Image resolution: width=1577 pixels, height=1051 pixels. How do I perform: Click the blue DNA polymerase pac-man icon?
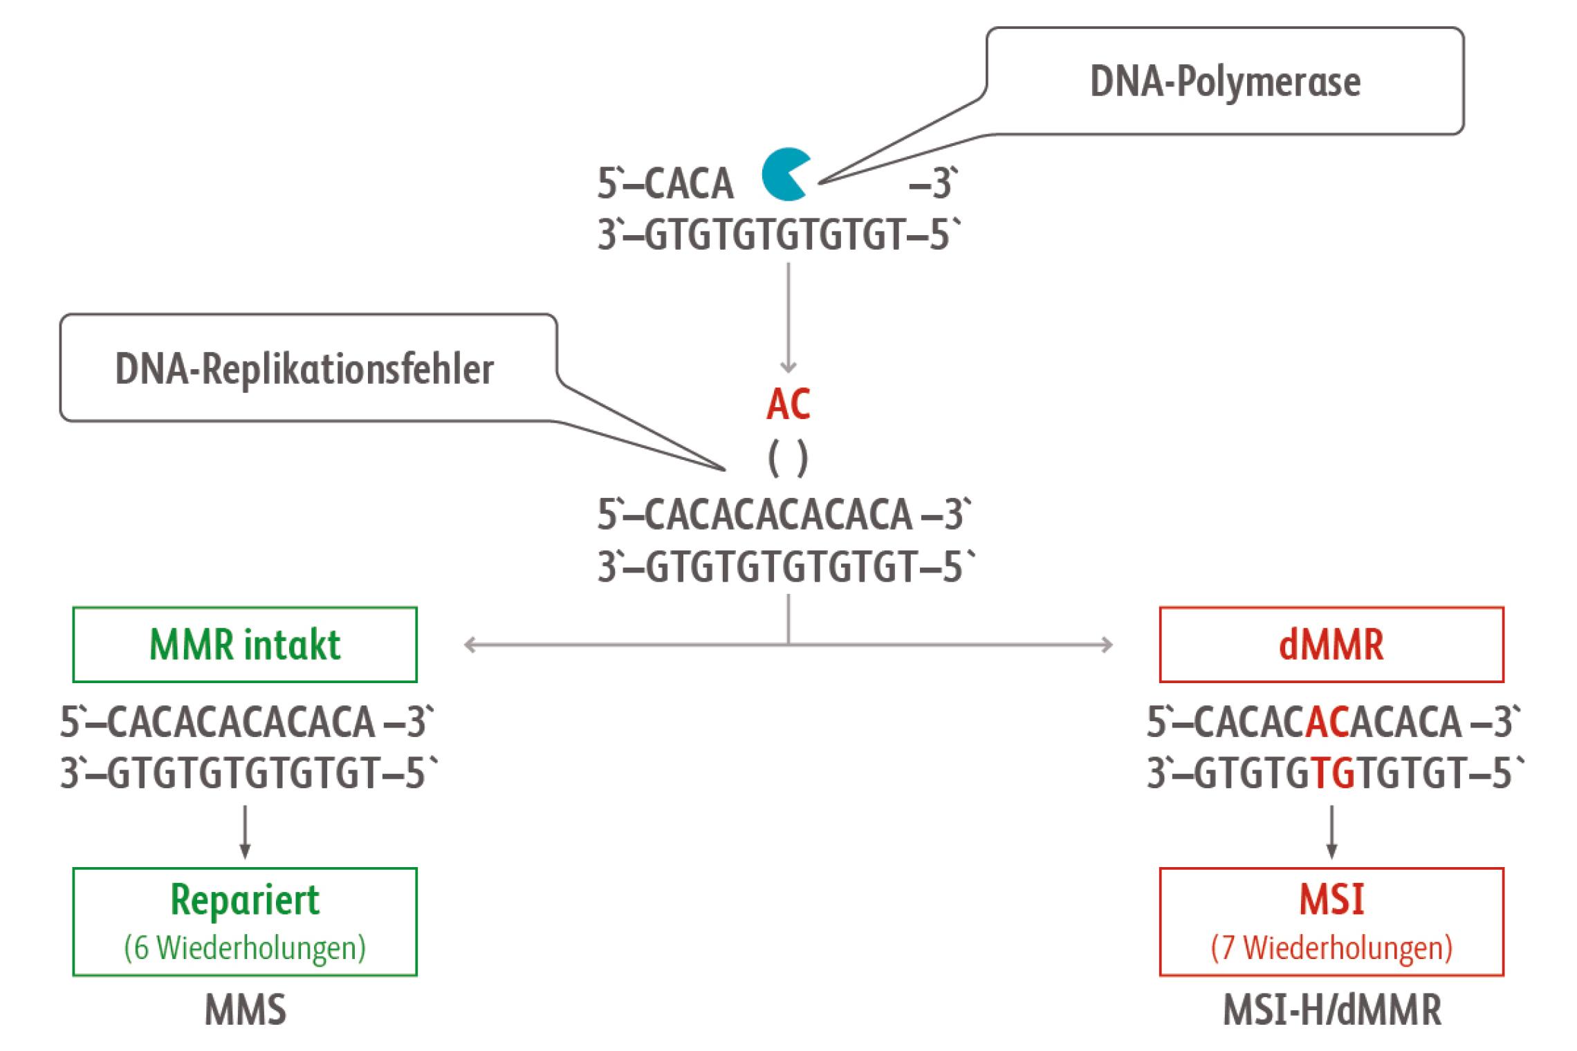pyautogui.click(x=786, y=175)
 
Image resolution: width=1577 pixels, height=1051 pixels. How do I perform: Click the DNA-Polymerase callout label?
pyautogui.click(x=1224, y=82)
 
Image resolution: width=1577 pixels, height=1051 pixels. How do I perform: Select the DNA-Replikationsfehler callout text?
pyautogui.click(x=304, y=369)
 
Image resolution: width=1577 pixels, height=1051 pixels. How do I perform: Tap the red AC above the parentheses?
pyautogui.click(x=788, y=405)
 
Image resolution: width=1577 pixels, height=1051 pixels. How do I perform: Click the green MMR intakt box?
pyautogui.click(x=245, y=644)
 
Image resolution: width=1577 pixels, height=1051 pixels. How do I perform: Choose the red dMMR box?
pyautogui.click(x=1331, y=644)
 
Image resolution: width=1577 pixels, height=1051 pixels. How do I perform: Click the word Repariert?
pyautogui.click(x=245, y=900)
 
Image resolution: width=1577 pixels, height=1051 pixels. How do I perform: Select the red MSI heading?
pyautogui.click(x=1331, y=900)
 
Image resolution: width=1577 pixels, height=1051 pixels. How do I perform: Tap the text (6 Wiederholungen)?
pyautogui.click(x=245, y=948)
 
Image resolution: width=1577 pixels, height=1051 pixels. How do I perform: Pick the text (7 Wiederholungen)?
pyautogui.click(x=1331, y=948)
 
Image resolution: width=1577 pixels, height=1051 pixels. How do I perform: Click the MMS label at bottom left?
pyautogui.click(x=245, y=1011)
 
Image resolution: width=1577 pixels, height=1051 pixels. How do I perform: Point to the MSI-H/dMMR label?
pyautogui.click(x=1332, y=1011)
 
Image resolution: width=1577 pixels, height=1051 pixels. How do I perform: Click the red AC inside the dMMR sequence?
pyautogui.click(x=1328, y=722)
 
